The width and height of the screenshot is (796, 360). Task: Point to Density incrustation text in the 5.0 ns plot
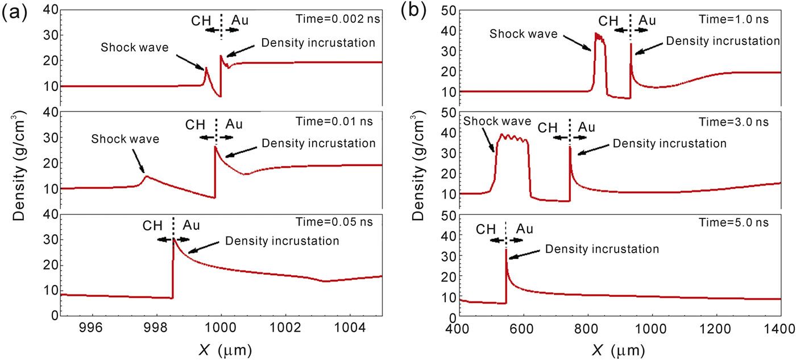(602, 249)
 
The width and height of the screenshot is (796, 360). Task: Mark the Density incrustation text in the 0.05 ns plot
(283, 240)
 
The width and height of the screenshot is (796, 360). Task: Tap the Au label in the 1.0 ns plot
(647, 21)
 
